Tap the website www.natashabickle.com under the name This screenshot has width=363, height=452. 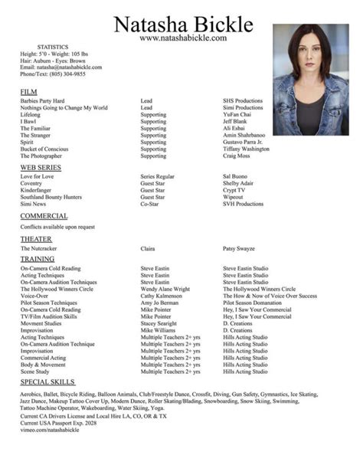(183, 38)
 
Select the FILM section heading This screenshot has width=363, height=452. (28, 92)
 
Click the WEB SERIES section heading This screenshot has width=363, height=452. (41, 167)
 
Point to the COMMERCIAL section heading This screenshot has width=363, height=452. (44, 216)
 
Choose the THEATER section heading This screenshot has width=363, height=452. (36, 239)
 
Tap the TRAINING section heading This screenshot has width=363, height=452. (38, 259)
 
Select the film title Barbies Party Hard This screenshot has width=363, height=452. (42, 101)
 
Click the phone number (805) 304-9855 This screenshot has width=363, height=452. (65, 74)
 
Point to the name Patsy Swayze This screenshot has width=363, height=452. (240, 249)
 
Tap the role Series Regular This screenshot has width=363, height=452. (157, 176)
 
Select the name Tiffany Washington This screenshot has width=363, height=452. (246, 149)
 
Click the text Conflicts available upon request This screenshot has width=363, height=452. (57, 227)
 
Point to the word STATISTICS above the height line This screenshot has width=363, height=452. (53, 47)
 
